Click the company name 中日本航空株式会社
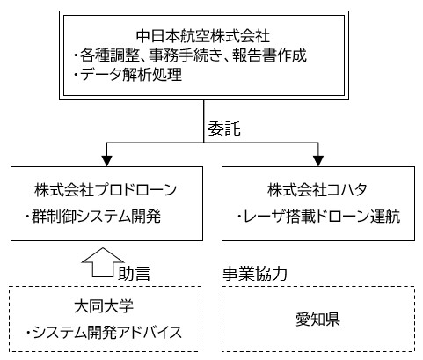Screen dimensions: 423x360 tap(202, 36)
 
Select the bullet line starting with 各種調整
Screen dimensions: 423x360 tap(190, 55)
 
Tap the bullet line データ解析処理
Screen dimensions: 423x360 tap(128, 74)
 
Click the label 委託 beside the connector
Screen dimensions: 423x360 tap(224, 129)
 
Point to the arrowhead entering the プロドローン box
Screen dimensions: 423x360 tap(106, 161)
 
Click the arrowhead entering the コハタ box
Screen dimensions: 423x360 tap(318, 161)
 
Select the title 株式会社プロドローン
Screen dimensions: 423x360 tap(106, 190)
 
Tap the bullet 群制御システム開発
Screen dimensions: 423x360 tap(93, 217)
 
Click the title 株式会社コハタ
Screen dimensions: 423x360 tap(317, 190)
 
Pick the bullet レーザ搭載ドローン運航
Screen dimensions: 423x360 tap(318, 217)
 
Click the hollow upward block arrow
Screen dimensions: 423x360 tap(103, 261)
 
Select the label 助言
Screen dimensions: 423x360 tap(134, 273)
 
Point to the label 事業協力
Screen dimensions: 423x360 tap(254, 273)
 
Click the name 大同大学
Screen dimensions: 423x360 tap(104, 306)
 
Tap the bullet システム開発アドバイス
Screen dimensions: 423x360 tap(104, 333)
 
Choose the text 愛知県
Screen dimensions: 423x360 tap(317, 320)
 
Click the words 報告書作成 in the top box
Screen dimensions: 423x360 tap(270, 55)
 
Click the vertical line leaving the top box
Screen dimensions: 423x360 tap(204, 121)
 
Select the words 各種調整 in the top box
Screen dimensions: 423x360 tap(110, 55)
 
